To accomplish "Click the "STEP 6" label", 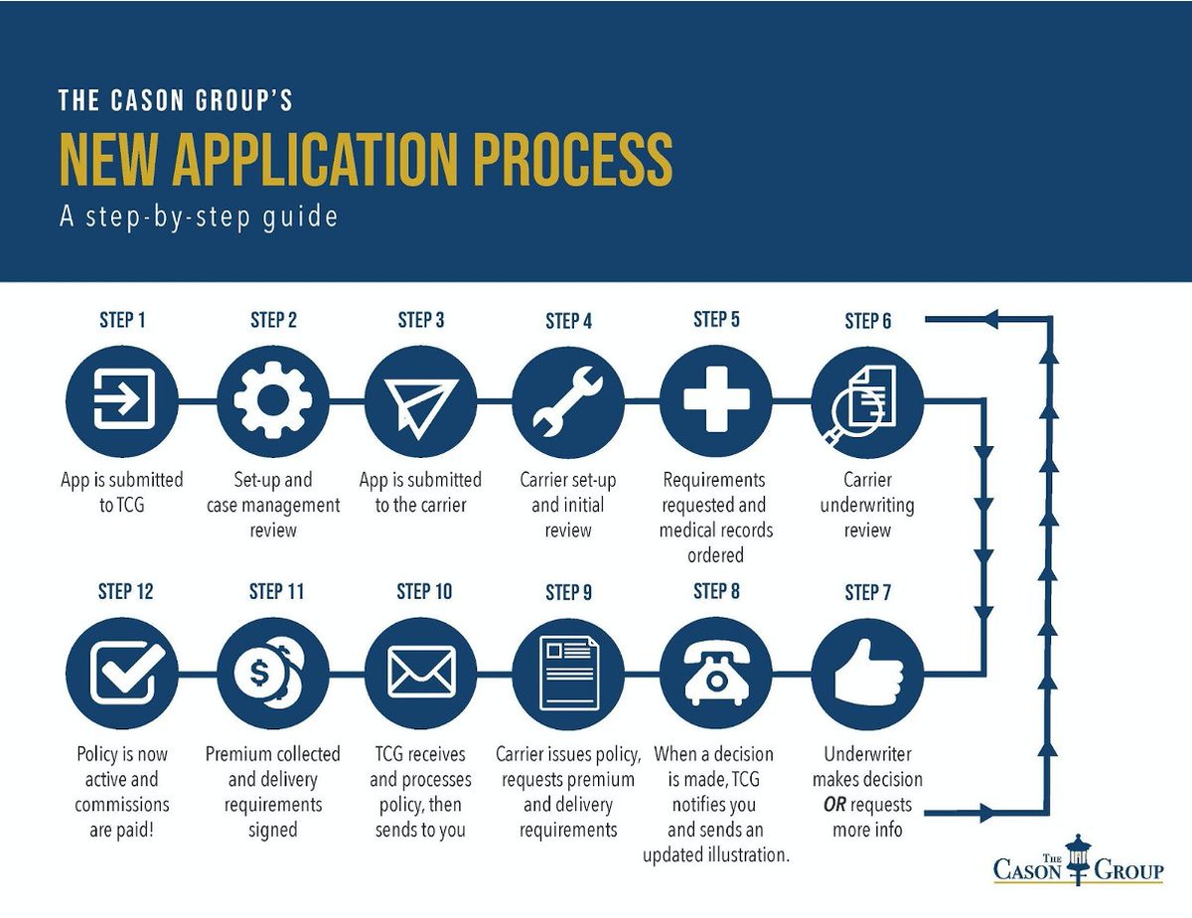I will point(867,321).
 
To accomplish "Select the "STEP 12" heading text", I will point(125,592).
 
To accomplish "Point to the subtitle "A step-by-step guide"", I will point(199,217).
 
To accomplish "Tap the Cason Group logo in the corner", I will point(1078,860).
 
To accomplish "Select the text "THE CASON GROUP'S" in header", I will point(175,100).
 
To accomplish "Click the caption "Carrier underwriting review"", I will point(867,505).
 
